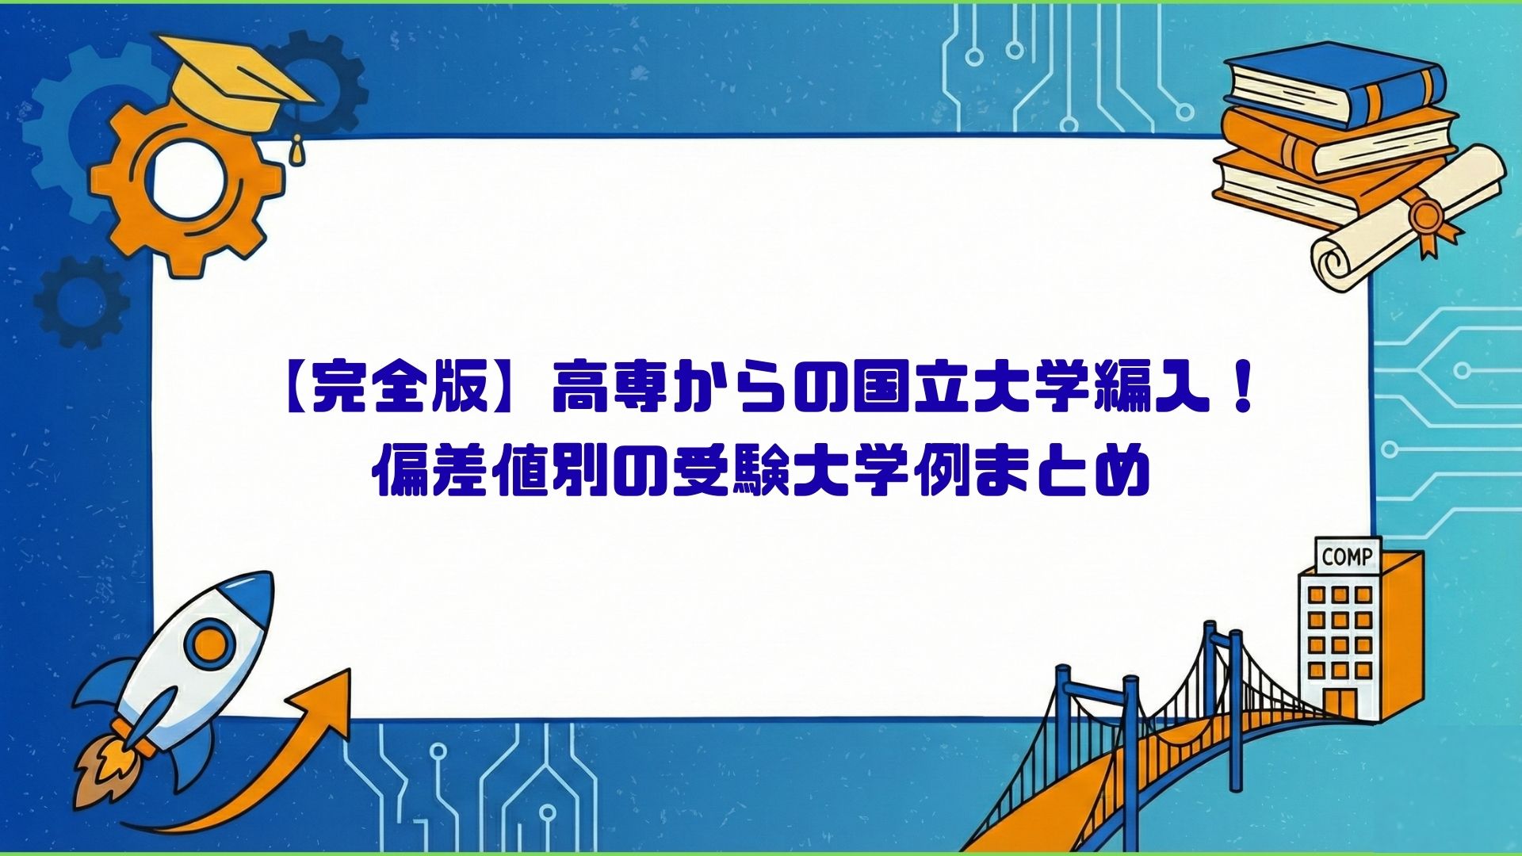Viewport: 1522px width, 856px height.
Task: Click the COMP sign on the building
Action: tap(1347, 556)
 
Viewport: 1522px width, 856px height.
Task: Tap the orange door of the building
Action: tap(1340, 702)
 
